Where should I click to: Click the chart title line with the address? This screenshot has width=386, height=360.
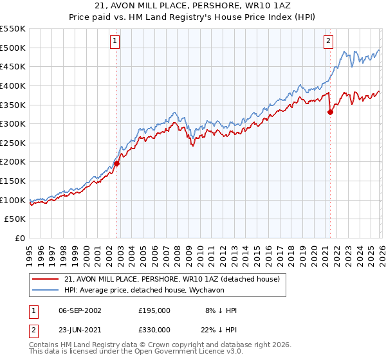(192, 6)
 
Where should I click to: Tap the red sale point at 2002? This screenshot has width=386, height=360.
(117, 163)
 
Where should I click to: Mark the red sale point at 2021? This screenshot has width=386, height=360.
(330, 112)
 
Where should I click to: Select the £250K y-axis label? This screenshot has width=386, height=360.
(14, 143)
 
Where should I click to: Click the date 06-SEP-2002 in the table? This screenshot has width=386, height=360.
(80, 310)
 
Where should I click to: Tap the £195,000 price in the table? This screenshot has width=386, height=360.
(154, 310)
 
